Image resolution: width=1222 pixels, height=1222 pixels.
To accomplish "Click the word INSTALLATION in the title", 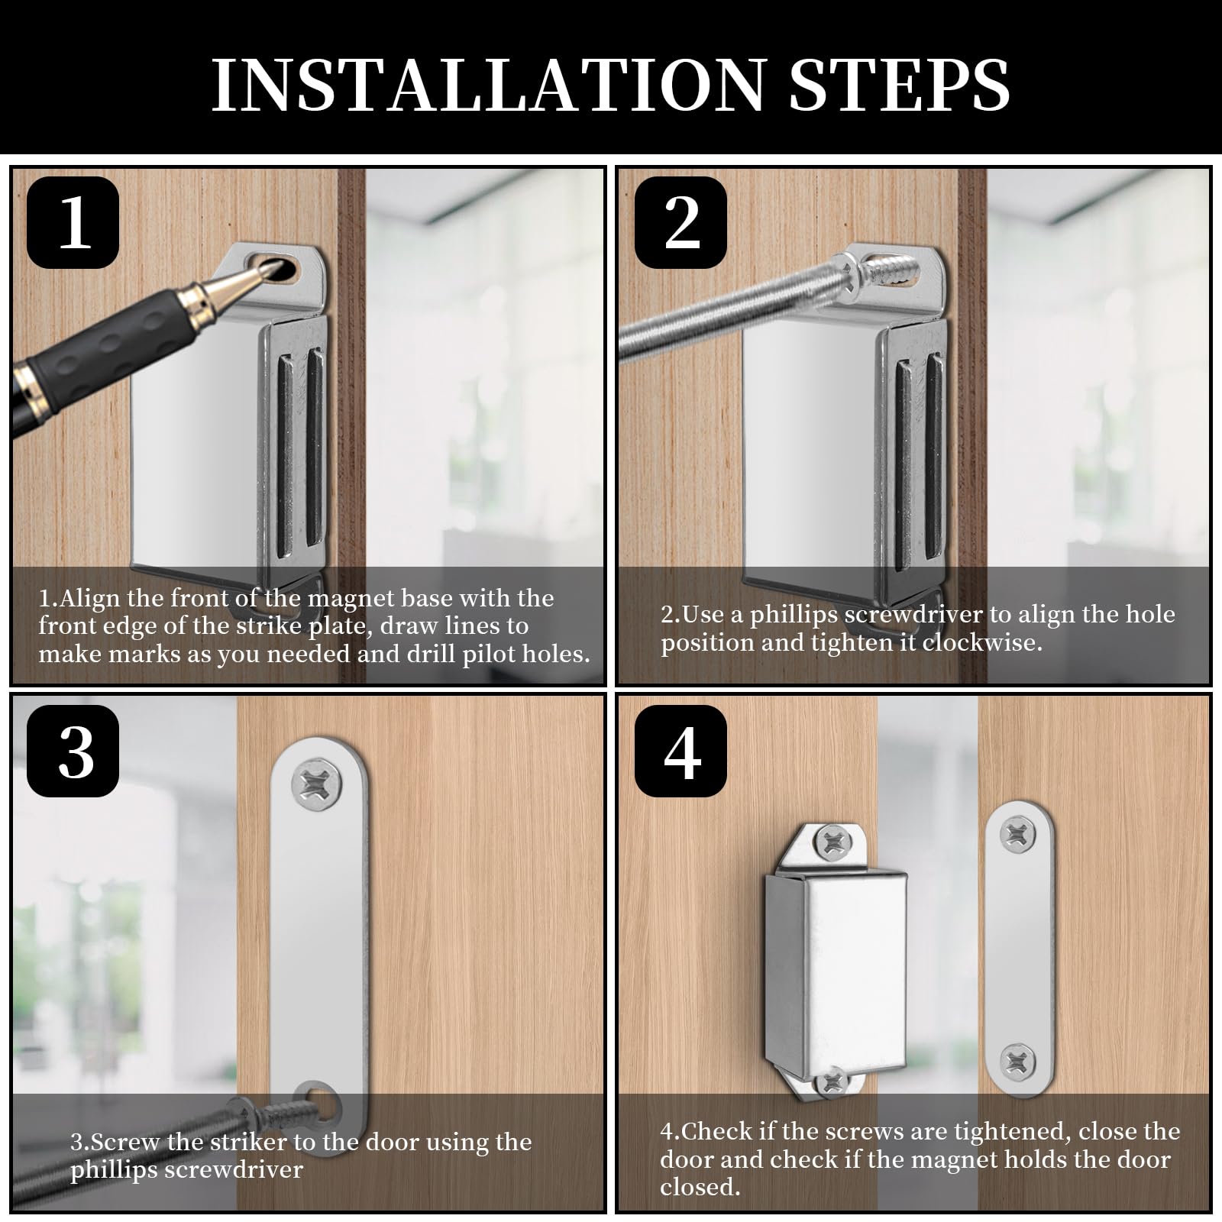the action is pyautogui.click(x=487, y=84).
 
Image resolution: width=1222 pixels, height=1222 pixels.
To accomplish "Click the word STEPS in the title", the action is pyautogui.click(x=899, y=84).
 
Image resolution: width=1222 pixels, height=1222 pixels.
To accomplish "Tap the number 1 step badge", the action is pyautogui.click(x=73, y=222).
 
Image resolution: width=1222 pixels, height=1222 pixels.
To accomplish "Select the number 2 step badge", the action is pyautogui.click(x=681, y=222).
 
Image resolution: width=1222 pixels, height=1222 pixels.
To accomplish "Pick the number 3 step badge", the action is pyautogui.click(x=73, y=751).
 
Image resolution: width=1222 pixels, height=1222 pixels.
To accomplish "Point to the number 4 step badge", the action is pyautogui.click(x=681, y=751).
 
